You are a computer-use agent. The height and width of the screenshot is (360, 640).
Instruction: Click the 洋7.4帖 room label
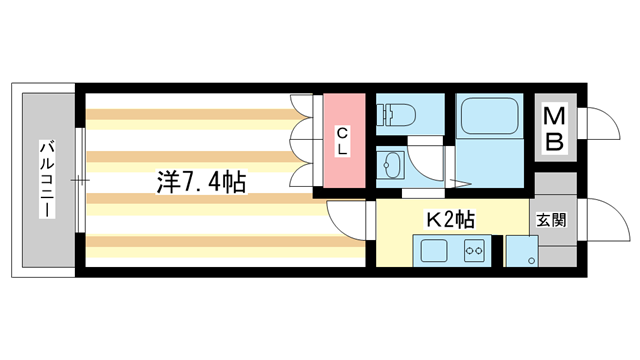201,183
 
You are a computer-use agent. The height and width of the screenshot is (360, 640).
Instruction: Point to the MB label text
553,130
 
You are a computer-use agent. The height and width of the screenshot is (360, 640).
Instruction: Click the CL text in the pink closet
342,141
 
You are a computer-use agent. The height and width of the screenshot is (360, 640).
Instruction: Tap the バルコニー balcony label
46,180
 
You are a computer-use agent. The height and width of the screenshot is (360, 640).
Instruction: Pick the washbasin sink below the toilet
393,163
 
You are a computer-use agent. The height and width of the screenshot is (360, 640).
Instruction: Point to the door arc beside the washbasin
428,165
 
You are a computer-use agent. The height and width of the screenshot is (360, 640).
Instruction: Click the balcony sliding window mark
79,180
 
